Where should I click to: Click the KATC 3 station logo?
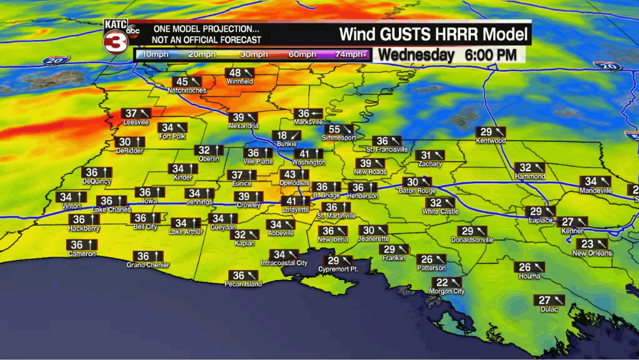click(x=119, y=36)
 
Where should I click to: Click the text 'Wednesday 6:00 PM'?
click(x=448, y=55)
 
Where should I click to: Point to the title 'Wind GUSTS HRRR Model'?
click(x=433, y=33)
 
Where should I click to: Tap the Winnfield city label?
click(x=239, y=81)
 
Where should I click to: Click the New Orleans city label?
click(x=592, y=253)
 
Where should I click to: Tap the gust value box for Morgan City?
click(x=446, y=282)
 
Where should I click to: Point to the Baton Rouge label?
click(x=417, y=191)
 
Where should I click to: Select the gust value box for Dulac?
click(x=550, y=300)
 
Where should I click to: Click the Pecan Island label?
click(x=243, y=284)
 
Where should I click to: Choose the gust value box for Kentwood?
click(x=491, y=132)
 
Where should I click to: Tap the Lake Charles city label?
click(x=111, y=210)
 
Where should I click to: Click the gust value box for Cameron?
click(x=82, y=245)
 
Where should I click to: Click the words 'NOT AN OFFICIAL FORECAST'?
click(x=206, y=40)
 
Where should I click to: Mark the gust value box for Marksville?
click(x=309, y=113)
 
